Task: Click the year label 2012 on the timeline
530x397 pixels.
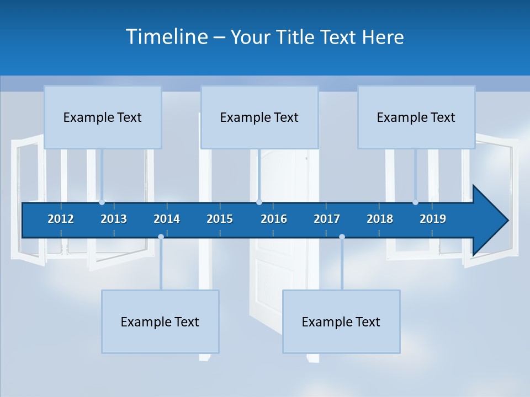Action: (x=61, y=219)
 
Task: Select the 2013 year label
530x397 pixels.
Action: (x=114, y=219)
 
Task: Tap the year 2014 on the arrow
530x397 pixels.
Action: (x=167, y=219)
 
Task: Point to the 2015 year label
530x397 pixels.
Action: (x=220, y=219)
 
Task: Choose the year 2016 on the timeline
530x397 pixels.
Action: (x=274, y=219)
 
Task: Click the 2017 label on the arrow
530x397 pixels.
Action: (x=327, y=219)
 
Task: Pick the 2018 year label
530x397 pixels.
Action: (x=380, y=219)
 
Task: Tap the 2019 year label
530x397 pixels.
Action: (x=433, y=219)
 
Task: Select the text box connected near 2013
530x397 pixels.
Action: (x=103, y=117)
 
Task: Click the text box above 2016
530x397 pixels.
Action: (x=259, y=117)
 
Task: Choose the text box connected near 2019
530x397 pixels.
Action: (x=416, y=117)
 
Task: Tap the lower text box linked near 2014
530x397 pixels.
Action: (x=160, y=321)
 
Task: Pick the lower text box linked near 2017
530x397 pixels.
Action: (x=341, y=321)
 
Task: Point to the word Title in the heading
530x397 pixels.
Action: (x=298, y=37)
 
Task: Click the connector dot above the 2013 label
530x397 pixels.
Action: (x=102, y=202)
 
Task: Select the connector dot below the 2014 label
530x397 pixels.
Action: (x=161, y=237)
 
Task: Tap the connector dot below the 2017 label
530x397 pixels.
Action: (x=342, y=237)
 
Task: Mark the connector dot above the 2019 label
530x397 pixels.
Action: (x=416, y=202)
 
